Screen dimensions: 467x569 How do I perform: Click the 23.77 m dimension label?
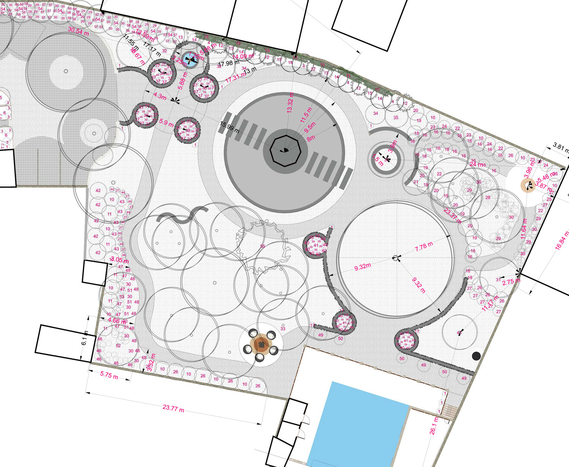[x=173, y=408]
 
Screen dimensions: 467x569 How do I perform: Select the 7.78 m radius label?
[x=424, y=247]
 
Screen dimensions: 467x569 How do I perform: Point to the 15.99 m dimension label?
[x=229, y=127]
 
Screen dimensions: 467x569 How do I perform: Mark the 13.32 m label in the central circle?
[x=290, y=102]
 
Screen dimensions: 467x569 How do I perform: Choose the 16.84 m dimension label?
[x=562, y=241]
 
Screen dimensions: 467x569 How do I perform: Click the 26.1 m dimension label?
[x=434, y=425]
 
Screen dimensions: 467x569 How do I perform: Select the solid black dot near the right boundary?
[x=476, y=356]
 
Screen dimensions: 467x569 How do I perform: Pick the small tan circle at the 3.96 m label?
[x=527, y=185]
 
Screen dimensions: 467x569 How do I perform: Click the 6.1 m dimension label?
[x=85, y=337]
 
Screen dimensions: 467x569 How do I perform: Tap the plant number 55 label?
[x=262, y=246]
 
